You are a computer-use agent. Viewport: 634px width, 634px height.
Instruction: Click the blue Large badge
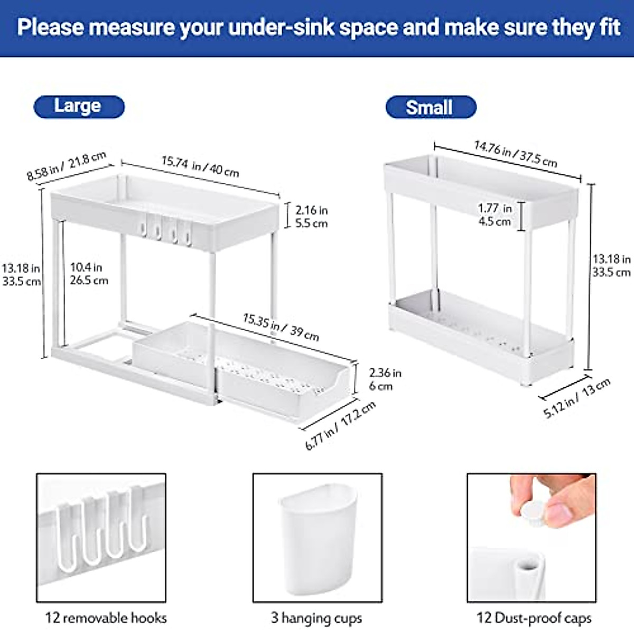tap(79, 107)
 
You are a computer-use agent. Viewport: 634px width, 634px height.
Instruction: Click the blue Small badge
tap(430, 107)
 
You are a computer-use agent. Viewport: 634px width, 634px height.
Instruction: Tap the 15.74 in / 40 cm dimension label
tap(200, 166)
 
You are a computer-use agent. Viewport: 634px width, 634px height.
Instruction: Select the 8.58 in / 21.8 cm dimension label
tap(67, 166)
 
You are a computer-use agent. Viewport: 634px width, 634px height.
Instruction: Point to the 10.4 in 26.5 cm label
tap(89, 274)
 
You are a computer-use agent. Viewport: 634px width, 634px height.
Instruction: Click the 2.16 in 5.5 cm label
tap(311, 217)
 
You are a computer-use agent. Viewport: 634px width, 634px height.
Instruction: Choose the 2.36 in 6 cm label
tap(385, 379)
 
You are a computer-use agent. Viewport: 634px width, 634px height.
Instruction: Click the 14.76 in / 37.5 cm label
tap(515, 153)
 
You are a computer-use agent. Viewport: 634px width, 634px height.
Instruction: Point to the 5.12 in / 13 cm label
tap(577, 397)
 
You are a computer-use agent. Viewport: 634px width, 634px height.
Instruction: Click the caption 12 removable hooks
tap(106, 618)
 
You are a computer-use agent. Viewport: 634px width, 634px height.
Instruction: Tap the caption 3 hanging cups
tap(316, 618)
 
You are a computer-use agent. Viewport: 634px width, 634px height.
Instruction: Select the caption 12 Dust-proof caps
tap(534, 618)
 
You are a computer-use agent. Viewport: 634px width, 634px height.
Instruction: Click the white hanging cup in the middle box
tap(317, 539)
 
